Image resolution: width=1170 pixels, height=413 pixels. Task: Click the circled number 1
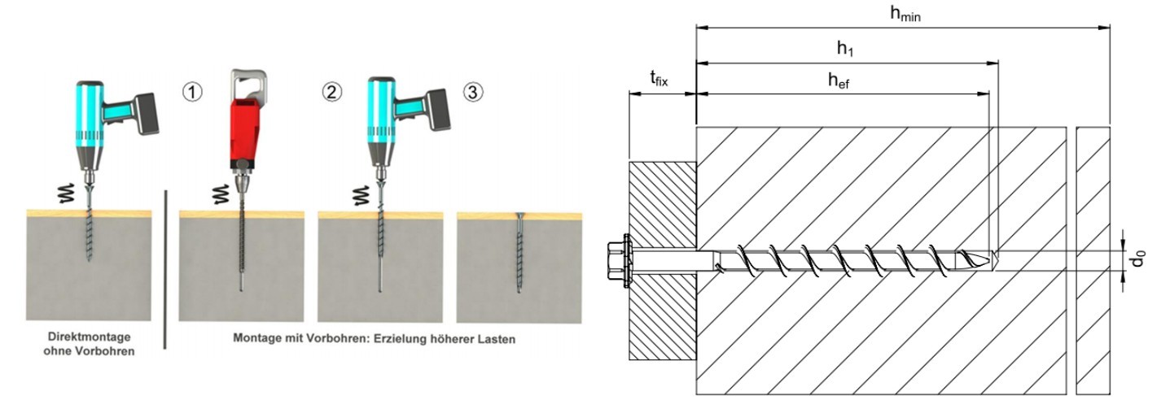tap(192, 91)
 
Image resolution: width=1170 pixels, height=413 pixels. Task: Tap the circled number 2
tap(331, 91)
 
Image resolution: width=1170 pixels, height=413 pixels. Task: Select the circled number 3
tap(472, 91)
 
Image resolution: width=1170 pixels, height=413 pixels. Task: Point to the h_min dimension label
tap(904, 13)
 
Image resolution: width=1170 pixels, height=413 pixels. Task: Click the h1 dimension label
tap(846, 49)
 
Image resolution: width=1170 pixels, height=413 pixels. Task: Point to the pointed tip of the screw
tap(989, 259)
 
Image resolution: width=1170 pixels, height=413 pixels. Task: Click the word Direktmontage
tap(88, 337)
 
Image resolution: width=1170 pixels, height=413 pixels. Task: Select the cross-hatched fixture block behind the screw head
tap(662, 211)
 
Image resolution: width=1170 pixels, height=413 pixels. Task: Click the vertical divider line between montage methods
tap(165, 268)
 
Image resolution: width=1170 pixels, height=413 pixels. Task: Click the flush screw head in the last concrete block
tap(519, 215)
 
